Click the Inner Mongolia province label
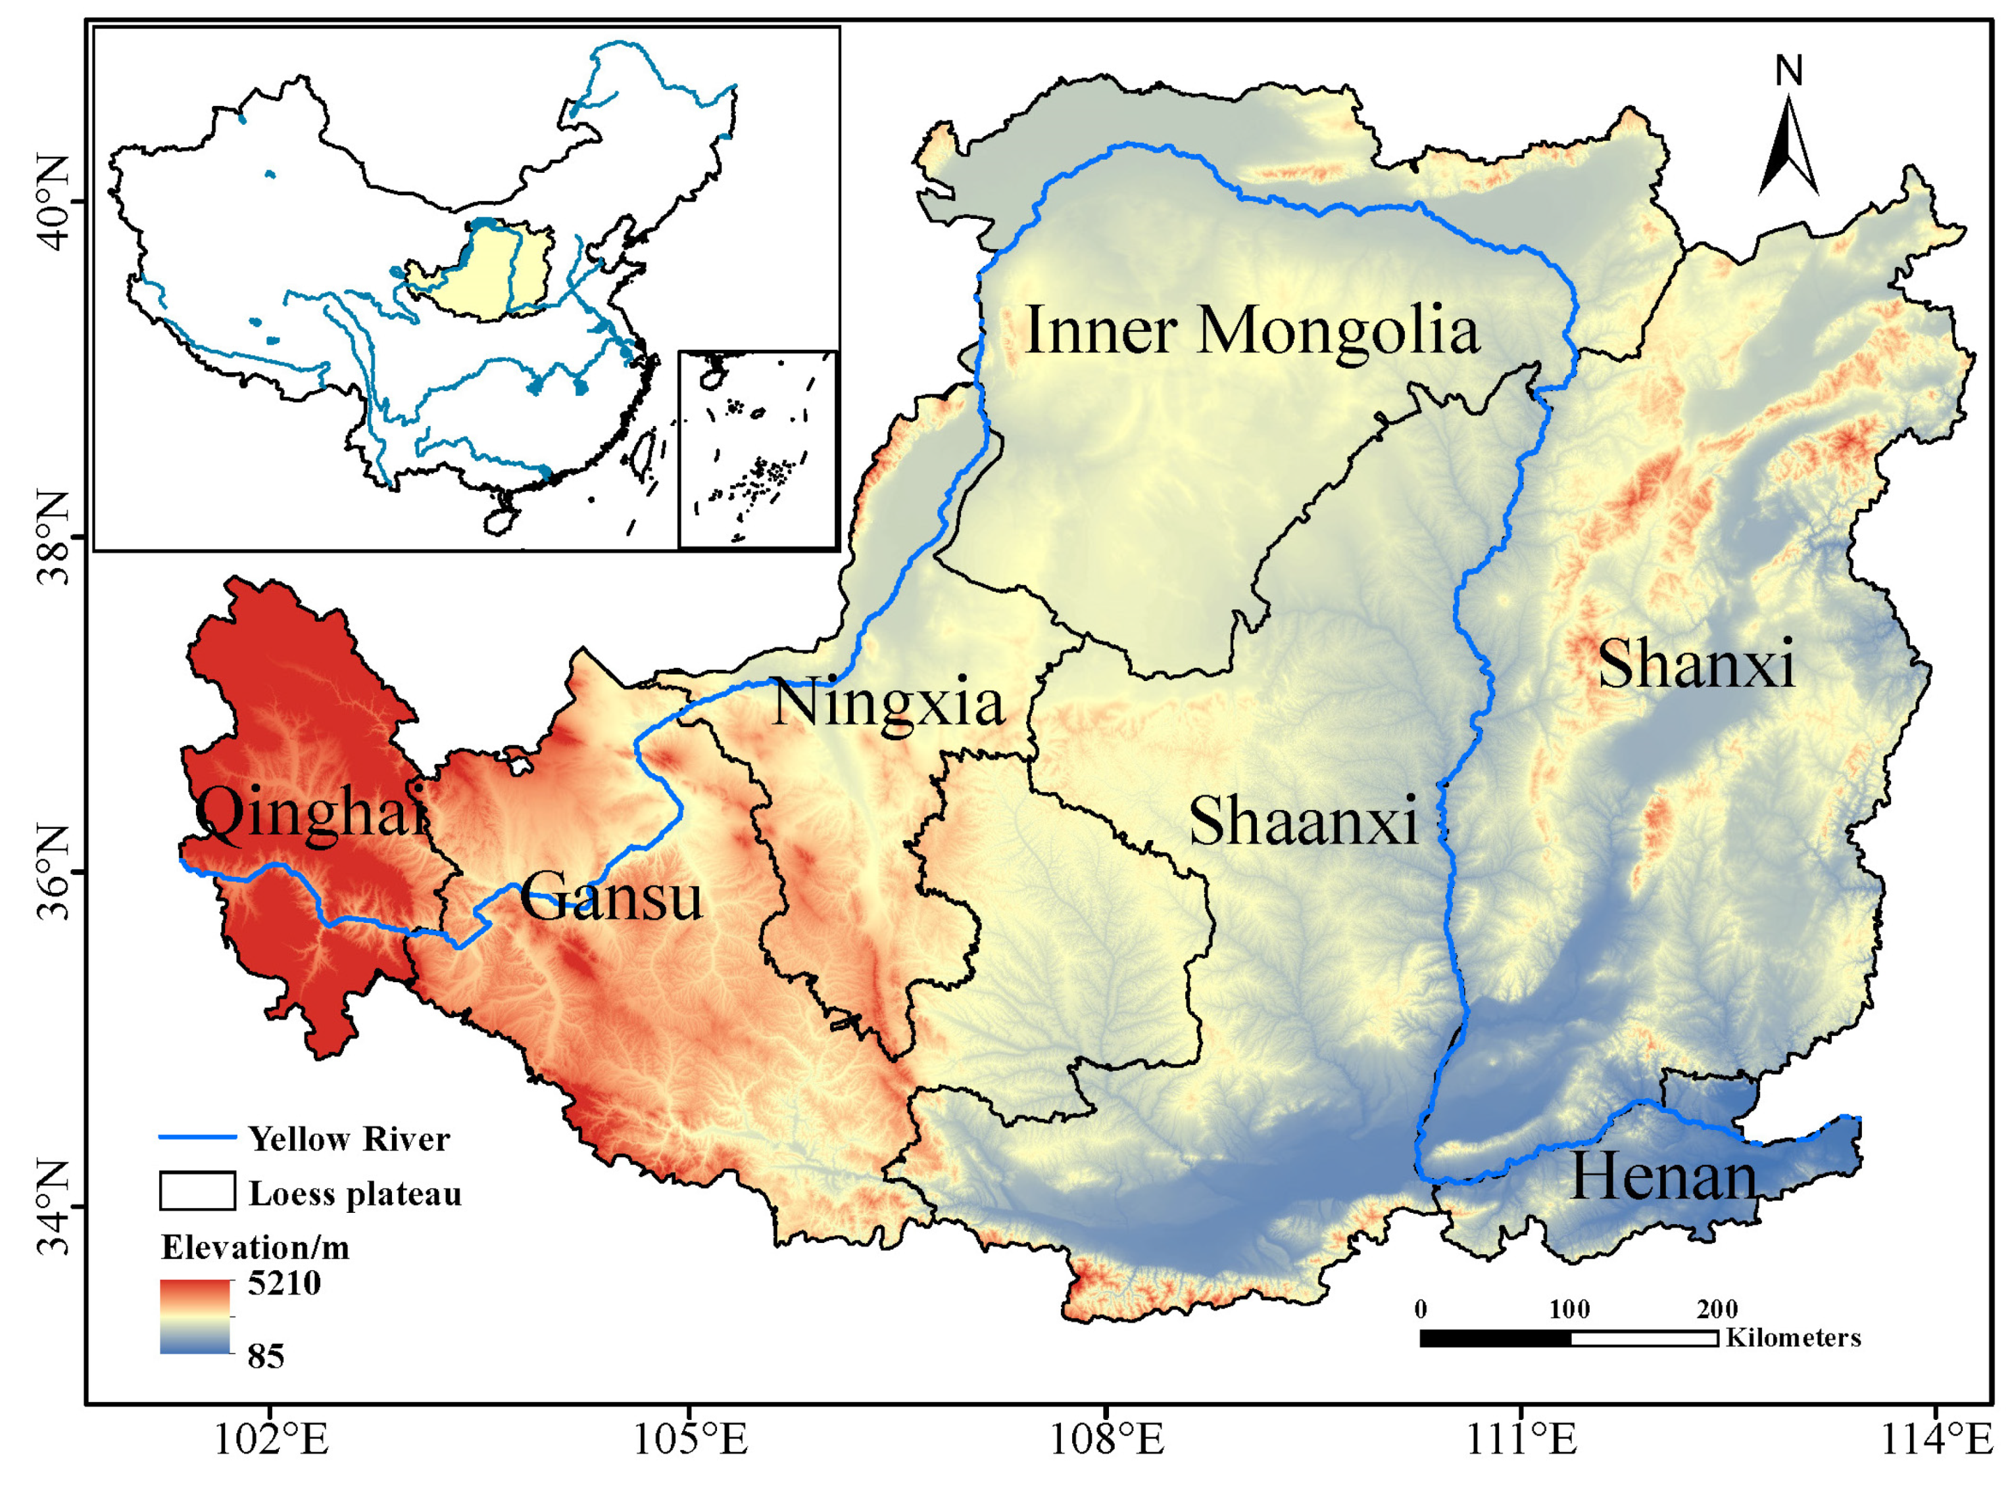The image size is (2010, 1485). pos(1251,331)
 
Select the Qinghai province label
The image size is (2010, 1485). pos(311,814)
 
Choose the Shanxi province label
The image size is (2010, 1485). pos(1696,665)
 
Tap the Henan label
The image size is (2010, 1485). pos(1663,1177)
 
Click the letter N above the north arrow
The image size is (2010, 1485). pos(1789,71)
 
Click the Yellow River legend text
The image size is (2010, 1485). pos(349,1139)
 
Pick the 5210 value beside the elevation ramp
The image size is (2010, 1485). pos(284,1283)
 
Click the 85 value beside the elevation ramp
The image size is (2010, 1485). pos(266,1355)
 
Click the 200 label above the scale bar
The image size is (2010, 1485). pos(1717,1309)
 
